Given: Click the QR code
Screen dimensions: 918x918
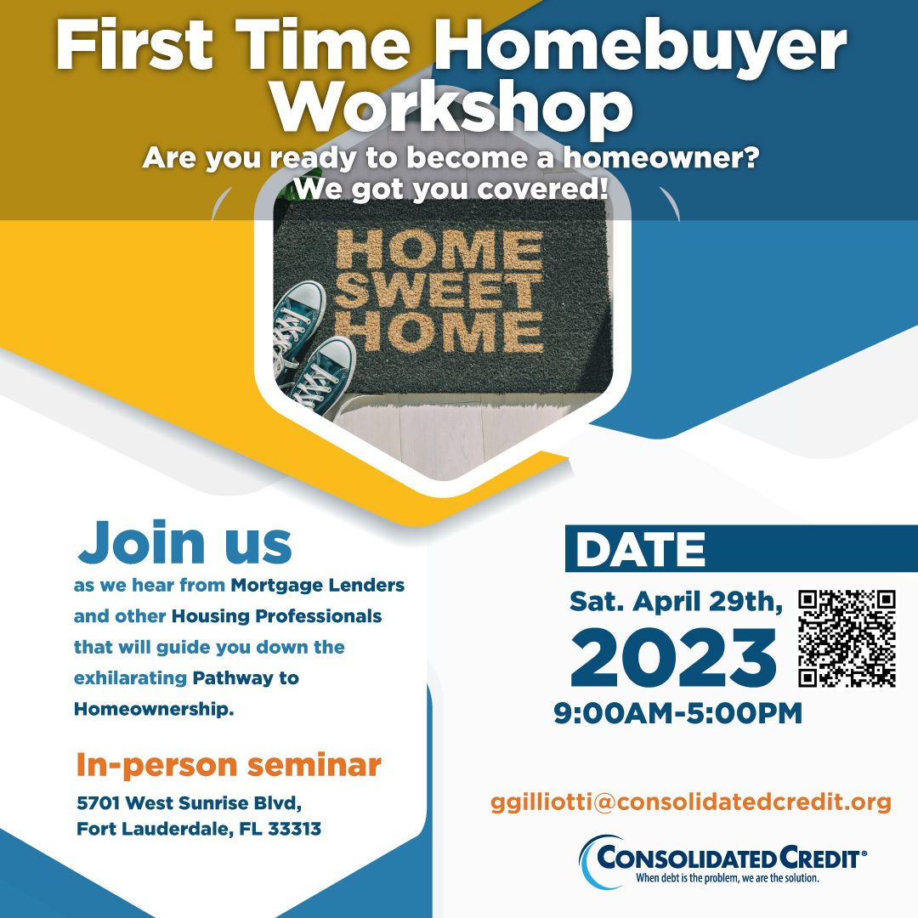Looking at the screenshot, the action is pos(847,638).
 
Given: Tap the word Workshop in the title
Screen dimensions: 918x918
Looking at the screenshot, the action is pos(452,107).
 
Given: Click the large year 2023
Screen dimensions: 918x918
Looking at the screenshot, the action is pos(673,658).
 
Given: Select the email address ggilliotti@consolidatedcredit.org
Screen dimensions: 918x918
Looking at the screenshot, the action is pos(691,802).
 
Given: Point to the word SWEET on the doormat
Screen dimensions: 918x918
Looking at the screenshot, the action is pos(439,291).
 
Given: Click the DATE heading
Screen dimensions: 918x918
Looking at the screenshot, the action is pos(641,549).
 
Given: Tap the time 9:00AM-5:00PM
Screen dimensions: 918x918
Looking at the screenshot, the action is pos(678,714).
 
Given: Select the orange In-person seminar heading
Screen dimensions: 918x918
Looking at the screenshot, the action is pos(229,765).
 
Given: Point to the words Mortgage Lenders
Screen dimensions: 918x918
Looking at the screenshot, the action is pos(317,586).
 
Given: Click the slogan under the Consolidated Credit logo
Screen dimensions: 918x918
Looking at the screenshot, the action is pos(728,878).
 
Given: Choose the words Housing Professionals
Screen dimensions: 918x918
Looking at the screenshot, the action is pos(276,616).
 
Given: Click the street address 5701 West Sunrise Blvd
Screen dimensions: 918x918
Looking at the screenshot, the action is pos(189,802).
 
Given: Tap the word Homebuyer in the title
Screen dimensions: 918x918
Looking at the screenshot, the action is pos(641,47).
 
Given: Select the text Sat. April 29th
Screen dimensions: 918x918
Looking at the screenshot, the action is pos(676,602).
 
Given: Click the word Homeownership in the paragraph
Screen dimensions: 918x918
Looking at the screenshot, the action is pos(153,709).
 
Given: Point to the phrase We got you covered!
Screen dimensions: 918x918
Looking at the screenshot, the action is pos(450,189).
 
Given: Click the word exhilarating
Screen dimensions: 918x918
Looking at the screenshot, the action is pos(130,678).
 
